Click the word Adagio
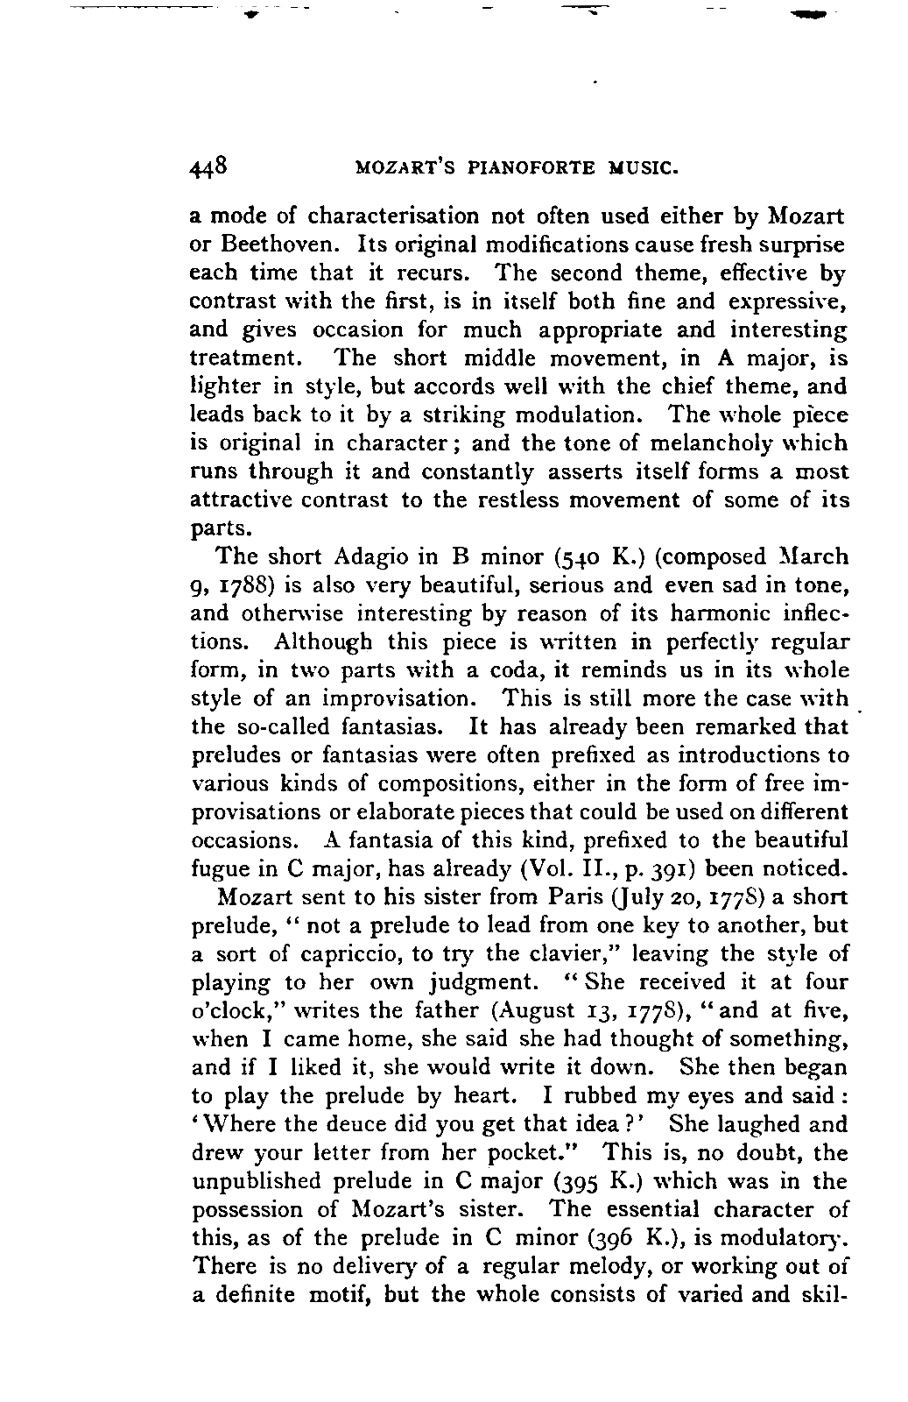(x=373, y=557)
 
